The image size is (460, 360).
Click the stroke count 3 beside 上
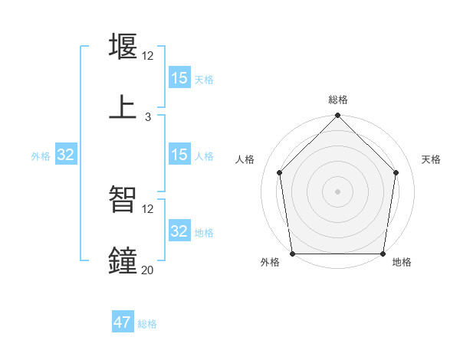point(148,117)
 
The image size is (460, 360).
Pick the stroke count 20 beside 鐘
point(147,270)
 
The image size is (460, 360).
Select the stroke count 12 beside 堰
point(148,56)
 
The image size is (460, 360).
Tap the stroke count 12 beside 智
point(148,208)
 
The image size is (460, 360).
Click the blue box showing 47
point(123,322)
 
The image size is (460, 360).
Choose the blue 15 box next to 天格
point(179,78)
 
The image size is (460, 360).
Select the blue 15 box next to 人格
point(179,155)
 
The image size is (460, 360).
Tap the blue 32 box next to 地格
point(179,231)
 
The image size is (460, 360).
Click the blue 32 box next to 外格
point(66,155)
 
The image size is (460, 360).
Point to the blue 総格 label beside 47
point(147,324)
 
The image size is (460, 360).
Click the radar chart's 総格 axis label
point(338,100)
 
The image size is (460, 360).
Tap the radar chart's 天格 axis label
point(432,159)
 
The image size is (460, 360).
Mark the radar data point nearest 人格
point(280,172)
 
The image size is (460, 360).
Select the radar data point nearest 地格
point(383,254)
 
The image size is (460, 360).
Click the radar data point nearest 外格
point(293,254)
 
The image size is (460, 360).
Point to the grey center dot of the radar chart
point(338,191)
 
